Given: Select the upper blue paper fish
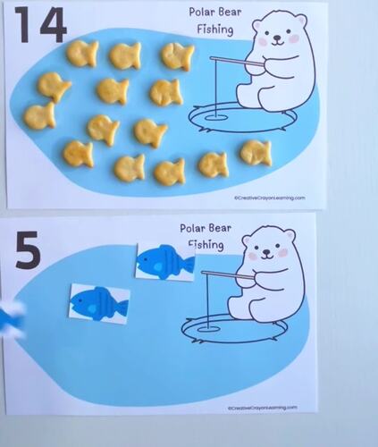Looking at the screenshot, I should [164, 262].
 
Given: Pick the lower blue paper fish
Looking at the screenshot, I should [99, 301].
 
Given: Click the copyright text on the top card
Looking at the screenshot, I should [268, 198].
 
